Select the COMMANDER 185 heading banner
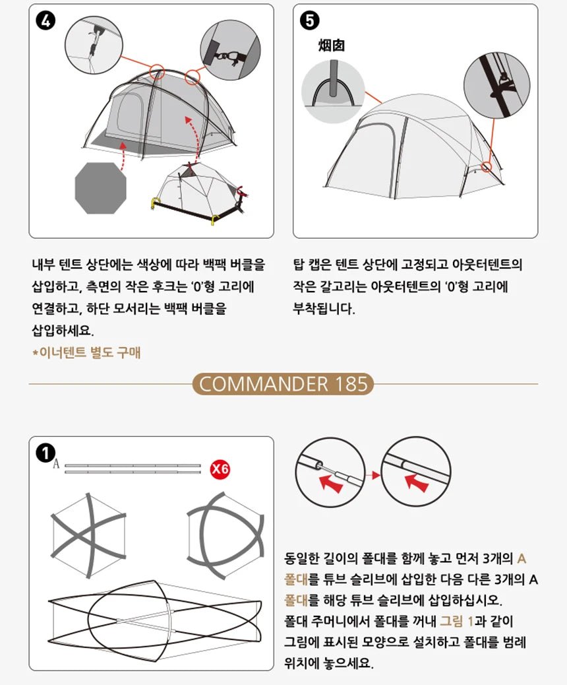(283, 384)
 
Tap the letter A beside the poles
(55, 465)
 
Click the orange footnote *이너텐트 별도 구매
(86, 353)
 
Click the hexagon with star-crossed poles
(88, 535)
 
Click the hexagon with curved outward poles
(226, 533)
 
